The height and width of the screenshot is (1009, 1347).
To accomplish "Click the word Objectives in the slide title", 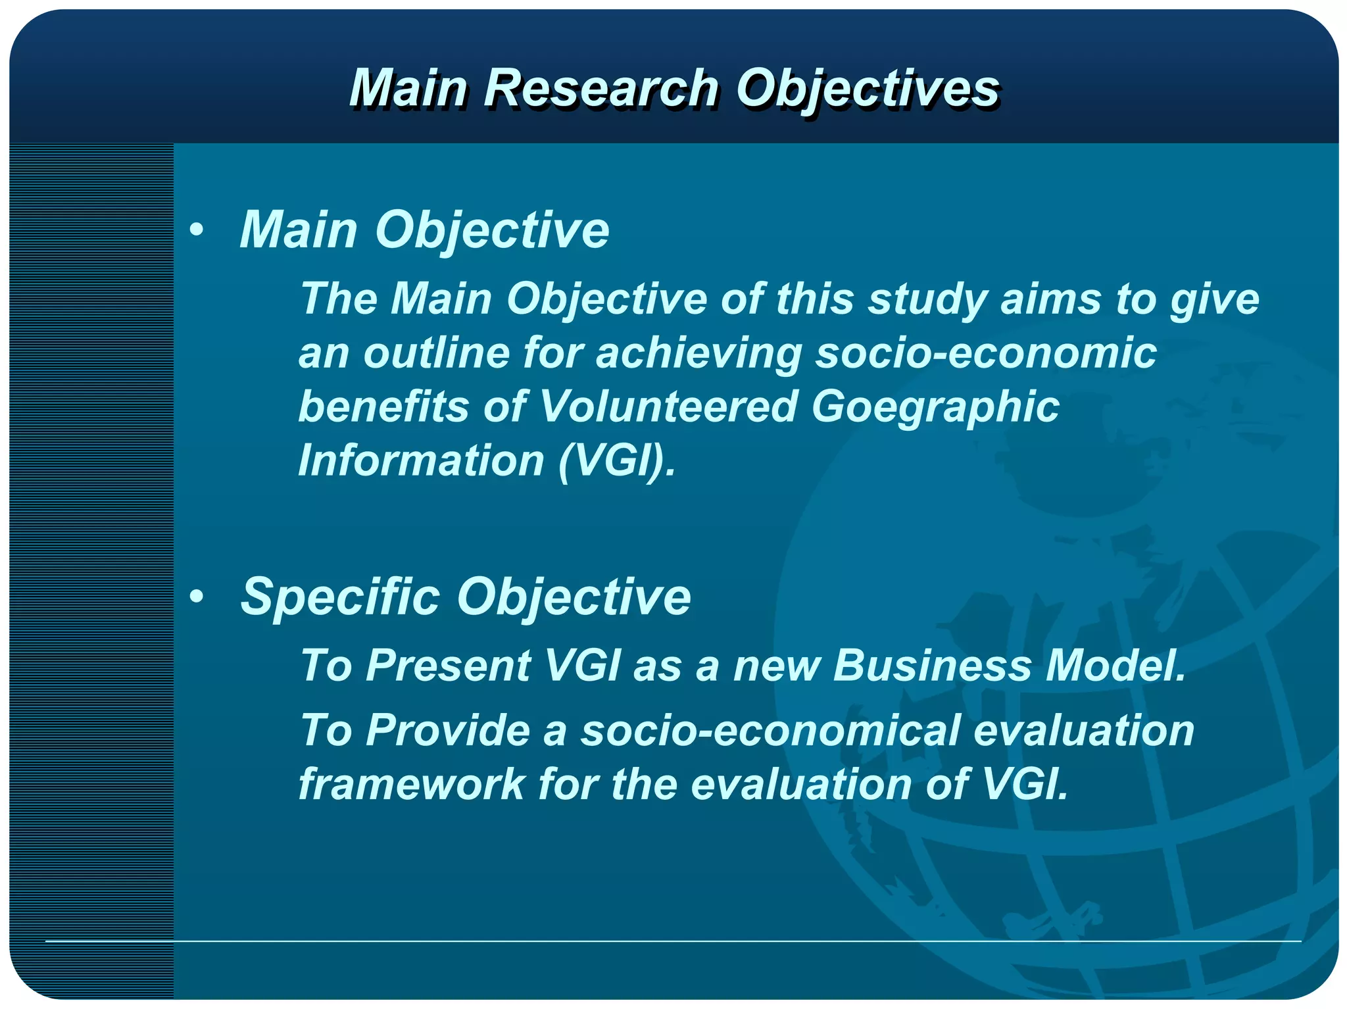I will (x=867, y=89).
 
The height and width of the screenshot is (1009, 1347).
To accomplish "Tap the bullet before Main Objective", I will (x=196, y=230).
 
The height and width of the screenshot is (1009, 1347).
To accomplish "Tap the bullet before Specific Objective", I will (x=196, y=597).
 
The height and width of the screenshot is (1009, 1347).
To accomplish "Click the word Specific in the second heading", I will (x=340, y=597).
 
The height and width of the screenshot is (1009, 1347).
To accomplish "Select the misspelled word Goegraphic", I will (x=935, y=406).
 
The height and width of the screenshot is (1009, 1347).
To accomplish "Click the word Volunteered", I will (x=668, y=406).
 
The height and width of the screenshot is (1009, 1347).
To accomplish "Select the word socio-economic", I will (x=986, y=353).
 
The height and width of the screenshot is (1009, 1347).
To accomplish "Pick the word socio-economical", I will (x=770, y=730).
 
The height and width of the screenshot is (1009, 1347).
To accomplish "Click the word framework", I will (x=411, y=784).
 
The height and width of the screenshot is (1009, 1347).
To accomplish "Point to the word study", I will (x=927, y=299).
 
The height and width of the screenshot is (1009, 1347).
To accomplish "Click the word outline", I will (x=437, y=353).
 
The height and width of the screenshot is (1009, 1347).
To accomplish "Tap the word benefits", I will (x=383, y=406).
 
